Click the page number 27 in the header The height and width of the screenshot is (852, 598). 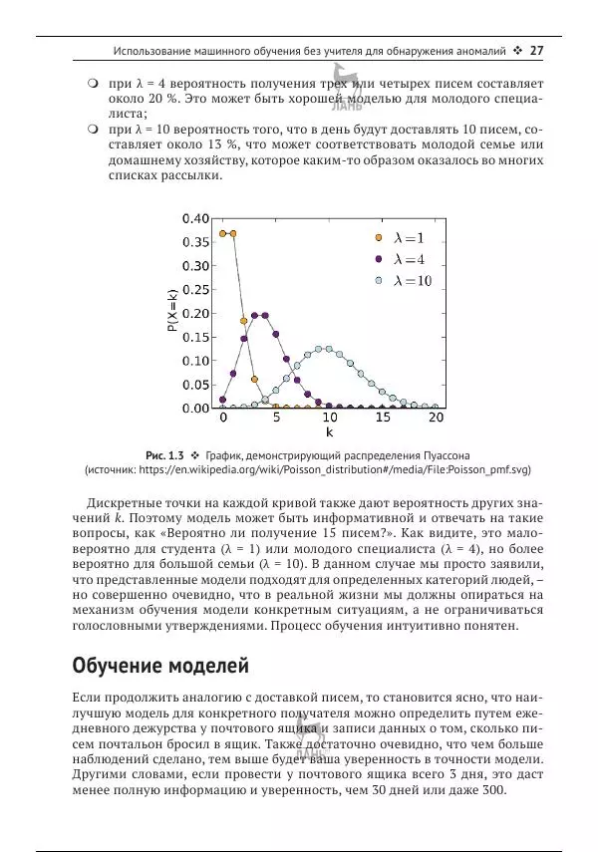[536, 51]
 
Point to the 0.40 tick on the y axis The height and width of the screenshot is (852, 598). [195, 219]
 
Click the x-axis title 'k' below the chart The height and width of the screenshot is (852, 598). [329, 434]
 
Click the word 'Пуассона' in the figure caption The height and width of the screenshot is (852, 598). [432, 454]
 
